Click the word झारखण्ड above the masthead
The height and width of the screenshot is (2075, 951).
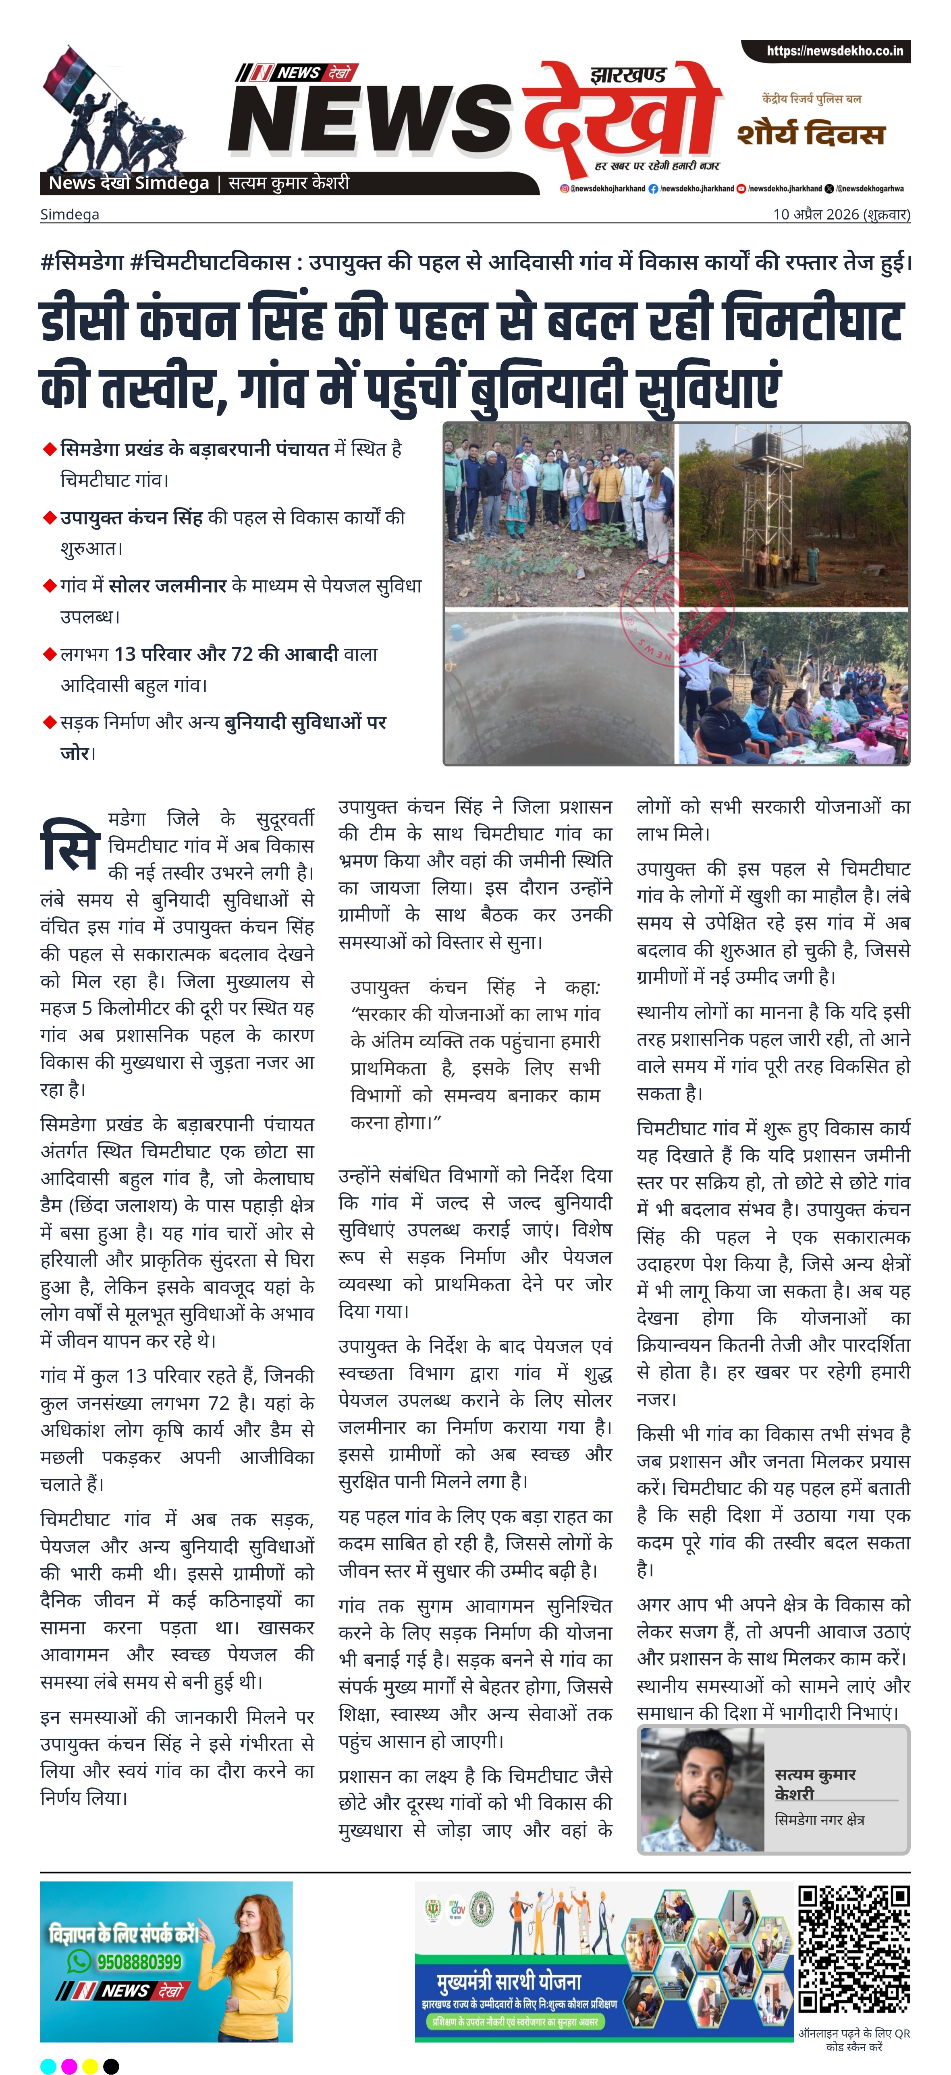point(628,75)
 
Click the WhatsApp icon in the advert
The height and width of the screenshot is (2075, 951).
point(79,1961)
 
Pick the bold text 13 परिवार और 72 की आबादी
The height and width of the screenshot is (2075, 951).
point(226,654)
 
